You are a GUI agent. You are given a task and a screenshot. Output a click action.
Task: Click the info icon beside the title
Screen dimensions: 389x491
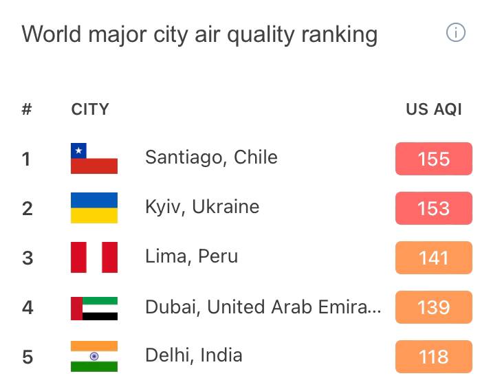tap(455, 32)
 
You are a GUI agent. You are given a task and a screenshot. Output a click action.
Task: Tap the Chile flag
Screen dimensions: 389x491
tap(94, 158)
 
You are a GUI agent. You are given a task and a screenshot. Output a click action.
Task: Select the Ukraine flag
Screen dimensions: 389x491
tap(94, 208)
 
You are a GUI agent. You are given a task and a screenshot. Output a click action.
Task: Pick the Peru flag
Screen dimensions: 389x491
tap(94, 257)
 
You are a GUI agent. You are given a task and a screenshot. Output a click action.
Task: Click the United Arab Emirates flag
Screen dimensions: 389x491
tap(94, 307)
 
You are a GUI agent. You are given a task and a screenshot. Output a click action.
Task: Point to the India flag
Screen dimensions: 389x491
tap(94, 356)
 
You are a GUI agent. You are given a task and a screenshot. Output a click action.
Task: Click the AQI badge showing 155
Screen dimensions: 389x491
tap(433, 159)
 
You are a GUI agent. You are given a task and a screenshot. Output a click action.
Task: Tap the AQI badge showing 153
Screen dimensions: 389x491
tap(433, 208)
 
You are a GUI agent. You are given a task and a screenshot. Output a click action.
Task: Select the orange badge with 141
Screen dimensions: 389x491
tap(433, 258)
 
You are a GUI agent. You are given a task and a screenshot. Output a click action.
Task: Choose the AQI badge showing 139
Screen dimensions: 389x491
tap(433, 307)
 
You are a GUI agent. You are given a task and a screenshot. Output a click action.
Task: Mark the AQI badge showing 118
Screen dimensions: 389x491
tap(433, 357)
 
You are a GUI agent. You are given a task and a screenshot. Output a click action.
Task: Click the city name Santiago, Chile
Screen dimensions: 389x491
tap(211, 157)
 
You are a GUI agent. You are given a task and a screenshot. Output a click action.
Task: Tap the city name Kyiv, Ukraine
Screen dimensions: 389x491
tap(202, 207)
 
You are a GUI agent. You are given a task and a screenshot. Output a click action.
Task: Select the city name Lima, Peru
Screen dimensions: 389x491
tap(191, 256)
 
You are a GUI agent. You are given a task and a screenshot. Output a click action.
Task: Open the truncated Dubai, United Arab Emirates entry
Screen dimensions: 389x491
tap(263, 307)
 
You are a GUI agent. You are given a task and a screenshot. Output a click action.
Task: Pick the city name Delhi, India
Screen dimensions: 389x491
tap(193, 355)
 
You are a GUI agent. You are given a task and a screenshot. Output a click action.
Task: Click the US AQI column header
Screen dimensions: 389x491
tap(433, 109)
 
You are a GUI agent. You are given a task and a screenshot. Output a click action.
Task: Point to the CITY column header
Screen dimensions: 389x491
tap(90, 109)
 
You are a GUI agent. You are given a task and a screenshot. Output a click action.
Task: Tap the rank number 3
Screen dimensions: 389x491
tap(28, 258)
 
